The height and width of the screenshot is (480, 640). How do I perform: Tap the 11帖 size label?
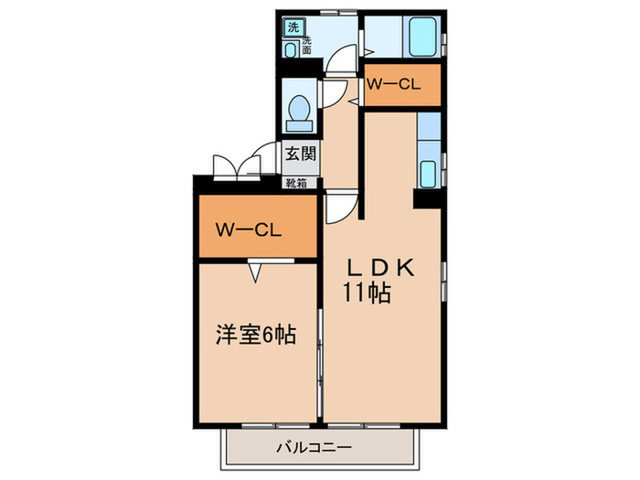pos(368,293)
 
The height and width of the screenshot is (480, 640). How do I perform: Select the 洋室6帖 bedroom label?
pos(256,336)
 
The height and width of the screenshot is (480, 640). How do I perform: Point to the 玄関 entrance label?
pos(299,154)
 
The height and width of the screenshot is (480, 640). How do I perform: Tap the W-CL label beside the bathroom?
pos(393,85)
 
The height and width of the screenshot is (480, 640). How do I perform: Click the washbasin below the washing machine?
pos(291,50)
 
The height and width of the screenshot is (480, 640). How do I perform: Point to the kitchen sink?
pos(428,171)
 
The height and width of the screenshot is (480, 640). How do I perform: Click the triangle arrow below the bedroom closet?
pos(257,271)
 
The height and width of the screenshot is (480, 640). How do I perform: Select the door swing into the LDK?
pos(336,207)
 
